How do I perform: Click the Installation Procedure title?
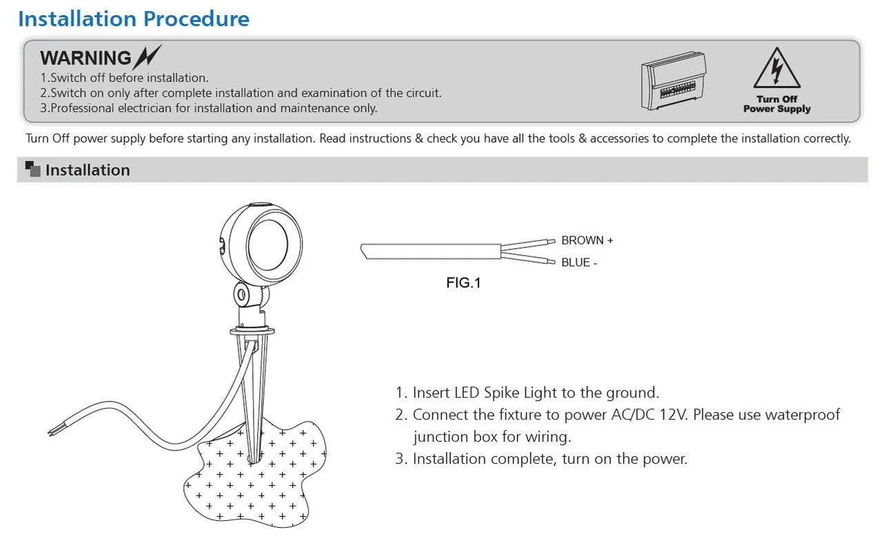[x=133, y=19]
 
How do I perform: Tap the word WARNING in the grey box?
[x=85, y=59]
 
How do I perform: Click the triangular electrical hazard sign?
[x=776, y=68]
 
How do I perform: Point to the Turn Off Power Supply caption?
[x=776, y=104]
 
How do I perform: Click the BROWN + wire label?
[x=587, y=240]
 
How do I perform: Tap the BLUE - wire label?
[x=579, y=263]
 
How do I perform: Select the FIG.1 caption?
[x=463, y=282]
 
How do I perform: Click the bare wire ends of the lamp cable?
[x=52, y=430]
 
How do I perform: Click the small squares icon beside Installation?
[x=32, y=169]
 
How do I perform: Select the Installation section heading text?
[x=88, y=170]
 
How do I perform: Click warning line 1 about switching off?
[x=124, y=78]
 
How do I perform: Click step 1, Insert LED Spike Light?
[x=527, y=393]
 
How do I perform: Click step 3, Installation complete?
[x=541, y=459]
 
